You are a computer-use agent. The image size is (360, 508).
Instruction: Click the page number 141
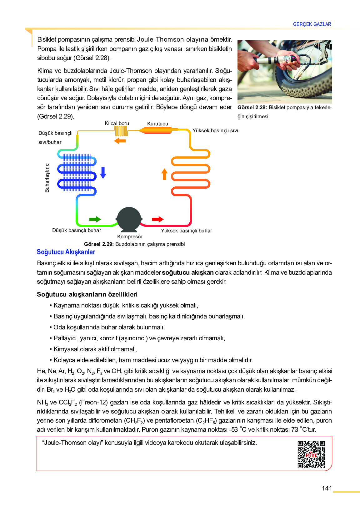pyautogui.click(x=327, y=488)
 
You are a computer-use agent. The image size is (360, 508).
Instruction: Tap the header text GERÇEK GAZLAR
pyautogui.click(x=312, y=24)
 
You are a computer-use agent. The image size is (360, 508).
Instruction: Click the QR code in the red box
pyautogui.click(x=311, y=454)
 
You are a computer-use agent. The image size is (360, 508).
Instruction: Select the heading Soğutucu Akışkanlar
pyautogui.click(x=66, y=252)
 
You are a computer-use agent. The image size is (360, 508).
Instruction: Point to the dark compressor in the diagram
pyautogui.click(x=129, y=219)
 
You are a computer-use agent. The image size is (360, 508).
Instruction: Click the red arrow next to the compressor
pyautogui.click(x=157, y=219)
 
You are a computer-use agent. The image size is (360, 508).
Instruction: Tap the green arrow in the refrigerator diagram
pyautogui.click(x=95, y=219)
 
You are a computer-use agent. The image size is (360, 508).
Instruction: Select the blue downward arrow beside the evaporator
pyautogui.click(x=103, y=173)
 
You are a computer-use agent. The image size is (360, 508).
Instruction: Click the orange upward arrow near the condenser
pyautogui.click(x=164, y=174)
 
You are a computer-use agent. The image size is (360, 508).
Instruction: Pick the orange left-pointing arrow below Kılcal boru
pyautogui.click(x=120, y=141)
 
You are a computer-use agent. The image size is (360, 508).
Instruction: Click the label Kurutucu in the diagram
pyautogui.click(x=157, y=124)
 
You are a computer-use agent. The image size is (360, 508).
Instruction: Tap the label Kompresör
pyautogui.click(x=130, y=237)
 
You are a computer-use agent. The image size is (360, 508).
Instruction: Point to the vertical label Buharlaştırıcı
pyautogui.click(x=47, y=177)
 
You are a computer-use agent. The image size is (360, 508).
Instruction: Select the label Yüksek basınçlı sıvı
pyautogui.click(x=215, y=131)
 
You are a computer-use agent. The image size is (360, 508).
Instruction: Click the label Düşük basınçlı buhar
pyautogui.click(x=77, y=231)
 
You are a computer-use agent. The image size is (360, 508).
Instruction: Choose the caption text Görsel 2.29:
pyautogui.click(x=99, y=244)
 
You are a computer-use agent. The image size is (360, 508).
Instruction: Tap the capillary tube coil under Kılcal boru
pyautogui.click(x=121, y=131)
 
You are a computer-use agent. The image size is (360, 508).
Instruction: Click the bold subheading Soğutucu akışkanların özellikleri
pyautogui.click(x=87, y=294)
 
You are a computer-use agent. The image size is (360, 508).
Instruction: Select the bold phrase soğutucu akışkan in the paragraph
pyautogui.click(x=188, y=272)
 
